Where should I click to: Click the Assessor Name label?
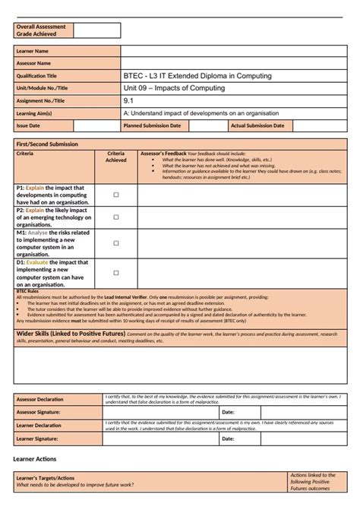click(x=34, y=63)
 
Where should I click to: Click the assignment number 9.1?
click(x=128, y=100)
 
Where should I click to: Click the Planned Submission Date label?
click(x=152, y=125)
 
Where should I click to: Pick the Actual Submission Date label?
click(x=258, y=125)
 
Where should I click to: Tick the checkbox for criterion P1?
click(x=116, y=195)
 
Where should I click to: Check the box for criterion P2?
click(x=116, y=217)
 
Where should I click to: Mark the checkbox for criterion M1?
click(x=116, y=243)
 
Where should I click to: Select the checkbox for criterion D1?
click(x=116, y=272)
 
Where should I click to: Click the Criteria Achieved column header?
click(x=116, y=157)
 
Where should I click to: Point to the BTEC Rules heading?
click(x=27, y=291)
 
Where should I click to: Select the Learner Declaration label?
click(x=39, y=426)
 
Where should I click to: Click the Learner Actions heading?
click(x=35, y=460)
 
